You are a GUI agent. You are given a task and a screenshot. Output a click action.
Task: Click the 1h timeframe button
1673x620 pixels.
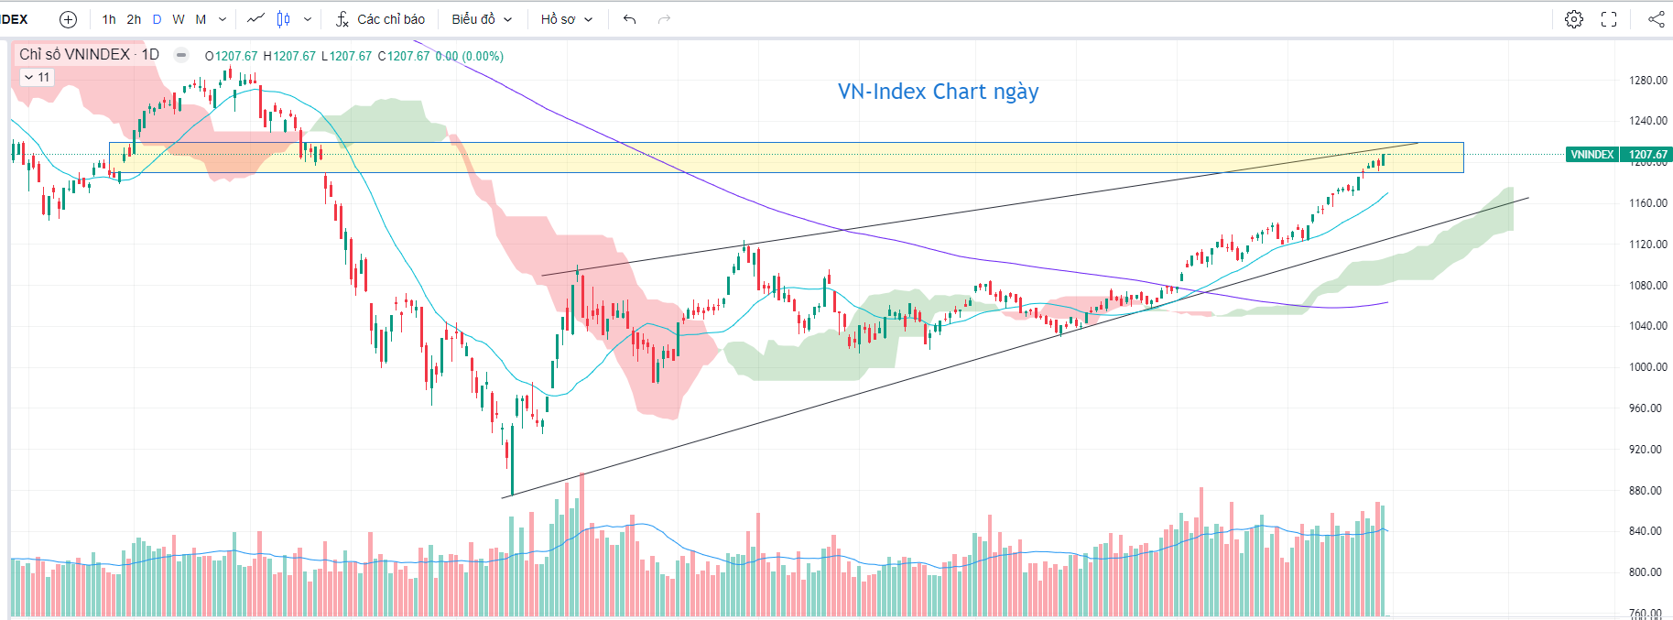tap(109, 19)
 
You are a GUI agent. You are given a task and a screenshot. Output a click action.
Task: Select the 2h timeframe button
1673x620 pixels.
tap(134, 19)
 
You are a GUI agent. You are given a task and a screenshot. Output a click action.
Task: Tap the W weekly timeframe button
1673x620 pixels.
tap(179, 19)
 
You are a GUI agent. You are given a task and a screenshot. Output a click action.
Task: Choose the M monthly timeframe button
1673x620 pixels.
tap(201, 19)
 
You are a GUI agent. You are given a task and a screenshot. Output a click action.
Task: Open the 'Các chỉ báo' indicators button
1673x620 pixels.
tap(380, 19)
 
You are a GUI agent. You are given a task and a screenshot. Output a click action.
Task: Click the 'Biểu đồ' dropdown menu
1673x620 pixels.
tap(482, 19)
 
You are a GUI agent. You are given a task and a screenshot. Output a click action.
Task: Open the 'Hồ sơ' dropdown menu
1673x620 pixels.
tap(566, 19)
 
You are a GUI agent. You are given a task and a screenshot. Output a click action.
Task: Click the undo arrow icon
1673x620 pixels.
tap(629, 19)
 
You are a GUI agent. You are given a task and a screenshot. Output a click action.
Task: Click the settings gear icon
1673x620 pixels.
tap(1573, 19)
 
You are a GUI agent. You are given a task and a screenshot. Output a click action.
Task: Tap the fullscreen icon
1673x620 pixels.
tap(1609, 19)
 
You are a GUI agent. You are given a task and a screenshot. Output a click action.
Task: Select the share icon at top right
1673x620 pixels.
tap(1656, 19)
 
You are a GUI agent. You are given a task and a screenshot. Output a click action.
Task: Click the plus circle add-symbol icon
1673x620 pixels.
tap(68, 19)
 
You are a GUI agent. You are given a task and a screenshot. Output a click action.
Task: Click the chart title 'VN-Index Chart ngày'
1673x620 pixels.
tap(938, 92)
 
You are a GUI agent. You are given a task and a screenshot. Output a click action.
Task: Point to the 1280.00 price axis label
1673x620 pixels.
tap(1647, 81)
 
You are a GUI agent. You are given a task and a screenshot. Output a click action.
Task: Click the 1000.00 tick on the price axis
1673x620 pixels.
tap(1647, 367)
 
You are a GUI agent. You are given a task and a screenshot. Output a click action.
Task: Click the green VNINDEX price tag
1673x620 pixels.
tap(1592, 155)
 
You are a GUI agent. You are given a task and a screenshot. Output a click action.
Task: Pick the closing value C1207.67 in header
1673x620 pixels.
tap(404, 56)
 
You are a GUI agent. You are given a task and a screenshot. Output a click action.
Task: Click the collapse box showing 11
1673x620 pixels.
tap(37, 78)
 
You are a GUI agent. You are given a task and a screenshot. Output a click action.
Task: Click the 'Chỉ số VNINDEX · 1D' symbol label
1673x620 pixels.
tap(89, 55)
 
